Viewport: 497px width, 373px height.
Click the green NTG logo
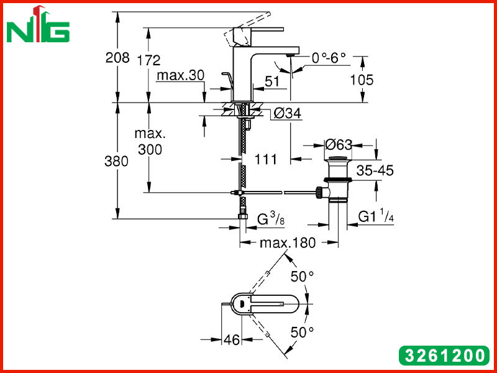(x=38, y=25)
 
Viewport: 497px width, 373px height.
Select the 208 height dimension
(x=117, y=58)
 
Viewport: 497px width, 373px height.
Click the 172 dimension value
(x=148, y=60)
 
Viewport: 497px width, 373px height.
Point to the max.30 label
(x=181, y=75)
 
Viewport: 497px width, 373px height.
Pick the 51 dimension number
(x=272, y=81)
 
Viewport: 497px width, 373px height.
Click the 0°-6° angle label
(x=329, y=58)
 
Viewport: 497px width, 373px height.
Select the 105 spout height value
(x=362, y=80)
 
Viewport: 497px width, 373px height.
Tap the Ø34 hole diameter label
(x=287, y=113)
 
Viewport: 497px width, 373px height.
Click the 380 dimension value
(x=117, y=162)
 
